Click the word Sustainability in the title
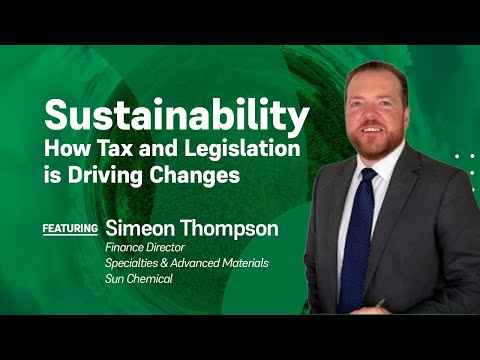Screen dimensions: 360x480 click(x=175, y=119)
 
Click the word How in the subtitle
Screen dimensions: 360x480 click(x=67, y=148)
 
